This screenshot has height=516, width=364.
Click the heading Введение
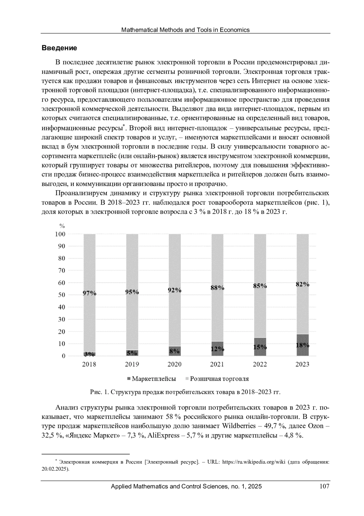tap(59, 48)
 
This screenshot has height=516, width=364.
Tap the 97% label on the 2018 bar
tap(89, 293)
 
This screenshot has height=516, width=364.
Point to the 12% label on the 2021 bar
tap(217, 349)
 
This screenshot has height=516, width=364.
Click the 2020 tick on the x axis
tap(174, 364)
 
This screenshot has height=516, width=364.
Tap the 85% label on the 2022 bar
tap(260, 286)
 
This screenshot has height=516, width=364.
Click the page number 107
tap(324, 487)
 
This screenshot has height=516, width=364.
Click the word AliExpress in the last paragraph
tap(163, 435)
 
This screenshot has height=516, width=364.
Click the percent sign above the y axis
tap(62, 226)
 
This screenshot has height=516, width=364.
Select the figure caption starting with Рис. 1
tap(185, 392)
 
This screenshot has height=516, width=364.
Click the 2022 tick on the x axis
tap(260, 364)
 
